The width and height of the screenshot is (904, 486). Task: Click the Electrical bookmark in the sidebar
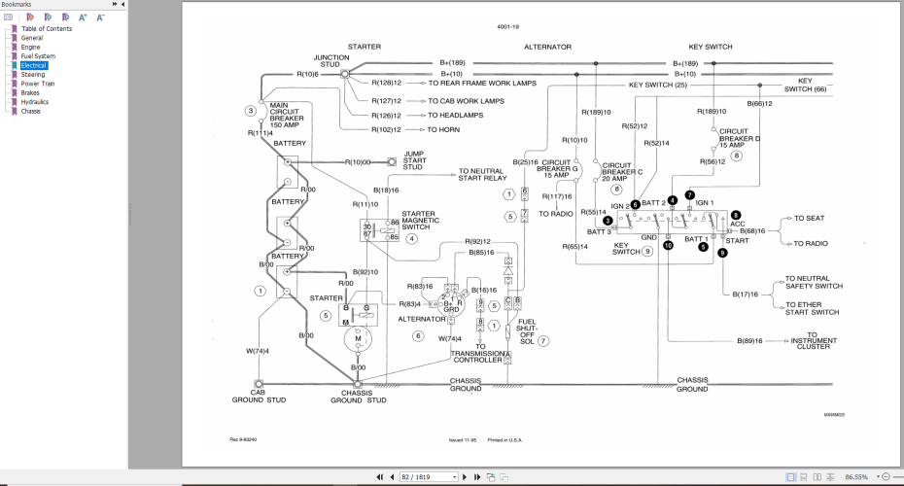tap(34, 65)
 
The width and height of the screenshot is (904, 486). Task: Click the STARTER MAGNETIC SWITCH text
tap(419, 220)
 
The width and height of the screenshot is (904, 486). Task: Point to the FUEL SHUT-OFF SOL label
tap(526, 331)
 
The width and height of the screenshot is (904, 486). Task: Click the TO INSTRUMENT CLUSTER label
tap(814, 340)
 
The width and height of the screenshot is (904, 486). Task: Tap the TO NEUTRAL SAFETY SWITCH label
tap(814, 282)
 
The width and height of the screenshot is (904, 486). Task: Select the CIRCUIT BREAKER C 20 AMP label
tap(623, 171)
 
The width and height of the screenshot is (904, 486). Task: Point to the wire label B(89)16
tap(750, 340)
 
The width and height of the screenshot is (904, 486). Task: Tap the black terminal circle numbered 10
tap(668, 246)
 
